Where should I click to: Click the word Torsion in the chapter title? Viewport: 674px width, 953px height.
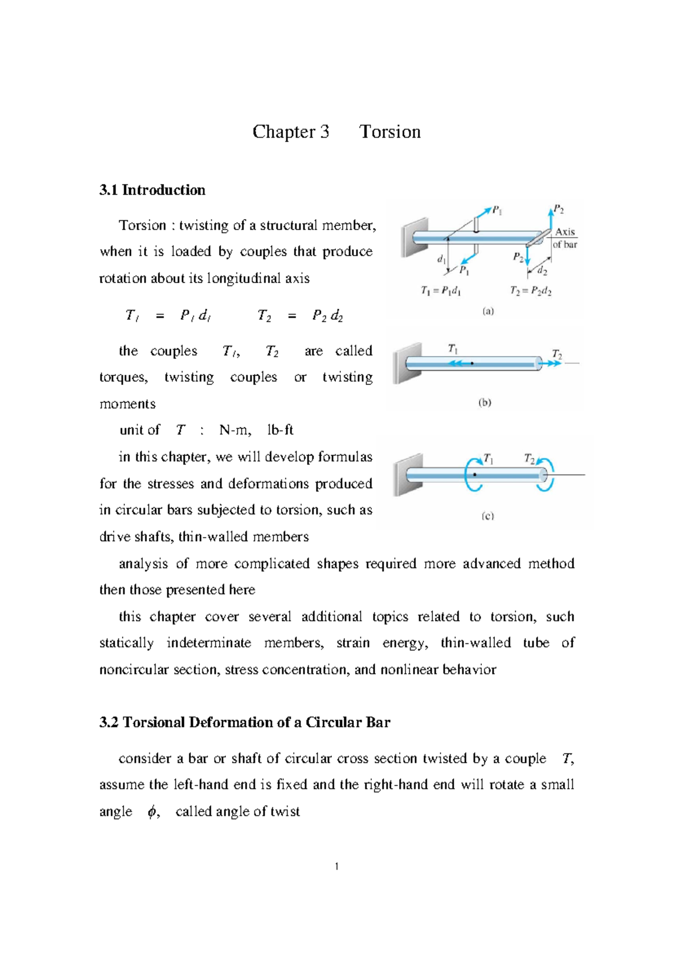(x=390, y=131)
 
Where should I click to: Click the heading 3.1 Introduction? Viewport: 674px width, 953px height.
(x=152, y=190)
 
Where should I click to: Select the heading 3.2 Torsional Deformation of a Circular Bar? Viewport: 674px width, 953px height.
(x=244, y=722)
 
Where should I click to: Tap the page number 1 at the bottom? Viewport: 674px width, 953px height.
(x=336, y=866)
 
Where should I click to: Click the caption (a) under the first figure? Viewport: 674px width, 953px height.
(x=488, y=311)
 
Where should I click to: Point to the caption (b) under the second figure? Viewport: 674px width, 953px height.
(x=485, y=402)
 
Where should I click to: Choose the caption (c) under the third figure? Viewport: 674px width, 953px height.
(x=488, y=516)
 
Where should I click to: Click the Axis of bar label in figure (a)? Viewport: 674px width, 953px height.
(x=564, y=238)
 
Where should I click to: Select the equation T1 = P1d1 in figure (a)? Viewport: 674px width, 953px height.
(x=441, y=291)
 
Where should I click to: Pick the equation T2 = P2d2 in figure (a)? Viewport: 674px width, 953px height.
(x=530, y=291)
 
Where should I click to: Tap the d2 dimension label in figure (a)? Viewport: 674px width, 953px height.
(x=542, y=271)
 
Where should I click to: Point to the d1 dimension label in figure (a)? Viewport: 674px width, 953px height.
(x=441, y=259)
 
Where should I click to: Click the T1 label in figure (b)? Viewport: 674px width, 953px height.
(x=453, y=348)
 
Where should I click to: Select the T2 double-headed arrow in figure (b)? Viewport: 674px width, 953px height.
(x=553, y=363)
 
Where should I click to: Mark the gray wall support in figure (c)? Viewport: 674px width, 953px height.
(x=408, y=475)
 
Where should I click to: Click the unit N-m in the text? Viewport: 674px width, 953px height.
(x=234, y=430)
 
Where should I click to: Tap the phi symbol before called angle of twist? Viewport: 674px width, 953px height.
(x=152, y=811)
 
